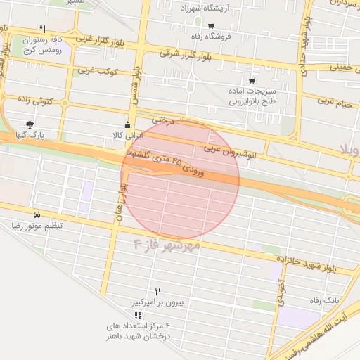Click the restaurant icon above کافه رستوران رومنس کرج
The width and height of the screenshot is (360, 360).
(42, 29)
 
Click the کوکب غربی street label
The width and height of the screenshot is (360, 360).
(96, 71)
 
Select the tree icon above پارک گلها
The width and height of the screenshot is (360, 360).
(29, 124)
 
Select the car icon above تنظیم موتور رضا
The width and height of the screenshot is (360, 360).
(36, 214)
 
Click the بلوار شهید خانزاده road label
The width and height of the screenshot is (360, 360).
(307, 264)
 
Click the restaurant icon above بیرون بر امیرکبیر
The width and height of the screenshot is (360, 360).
(158, 291)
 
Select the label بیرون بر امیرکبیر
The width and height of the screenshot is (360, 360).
(159, 302)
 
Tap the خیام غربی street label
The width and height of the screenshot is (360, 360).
(336, 101)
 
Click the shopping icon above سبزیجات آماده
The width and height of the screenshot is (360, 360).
(251, 81)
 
